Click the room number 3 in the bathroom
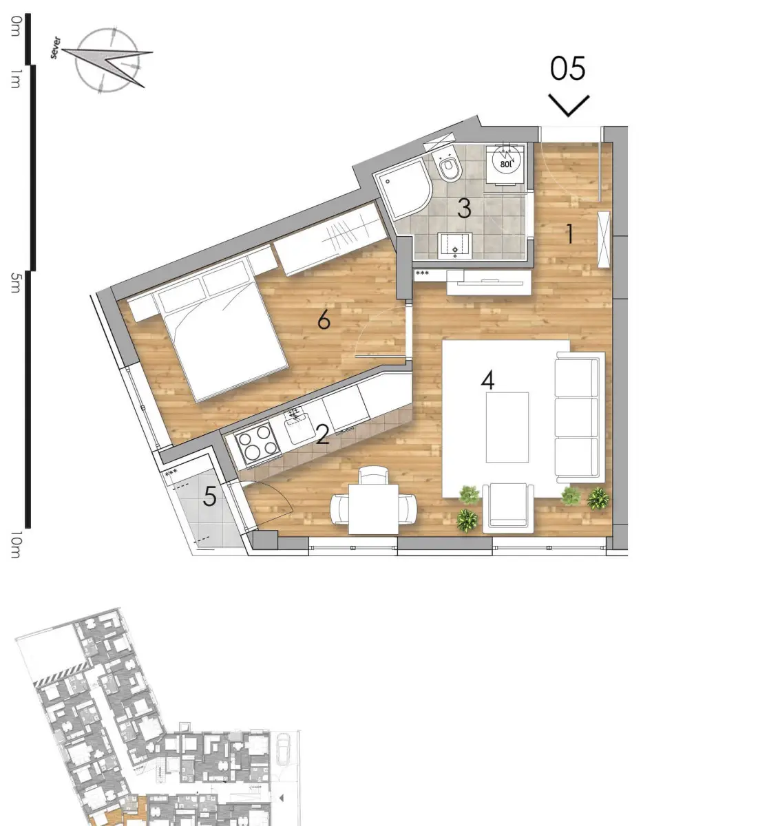[465, 208]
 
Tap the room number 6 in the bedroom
[324, 319]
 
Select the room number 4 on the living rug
[488, 380]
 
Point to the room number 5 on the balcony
[209, 496]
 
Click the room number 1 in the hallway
[570, 235]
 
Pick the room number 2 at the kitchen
[322, 436]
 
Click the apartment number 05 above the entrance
[568, 69]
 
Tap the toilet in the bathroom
[449, 168]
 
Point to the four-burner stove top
[257, 443]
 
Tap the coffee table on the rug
[507, 427]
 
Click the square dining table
[373, 509]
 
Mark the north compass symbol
[109, 61]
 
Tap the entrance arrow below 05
[569, 105]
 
